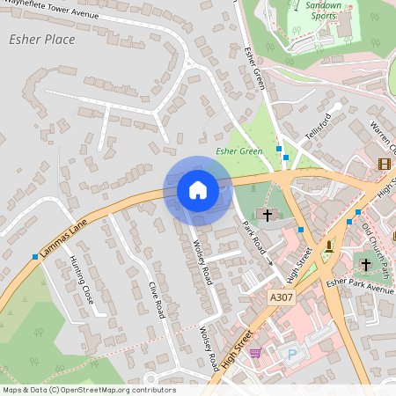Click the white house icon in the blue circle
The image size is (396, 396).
197,189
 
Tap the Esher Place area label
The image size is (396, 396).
41,40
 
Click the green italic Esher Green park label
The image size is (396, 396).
239,151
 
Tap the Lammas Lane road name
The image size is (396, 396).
64,238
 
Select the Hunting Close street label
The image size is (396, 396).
82,281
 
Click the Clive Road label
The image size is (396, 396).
158,299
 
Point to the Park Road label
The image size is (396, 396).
255,238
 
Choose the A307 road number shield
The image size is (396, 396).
282,297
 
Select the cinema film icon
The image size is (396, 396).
384,164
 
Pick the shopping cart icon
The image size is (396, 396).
255,353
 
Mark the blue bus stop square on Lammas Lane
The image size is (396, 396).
35,257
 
